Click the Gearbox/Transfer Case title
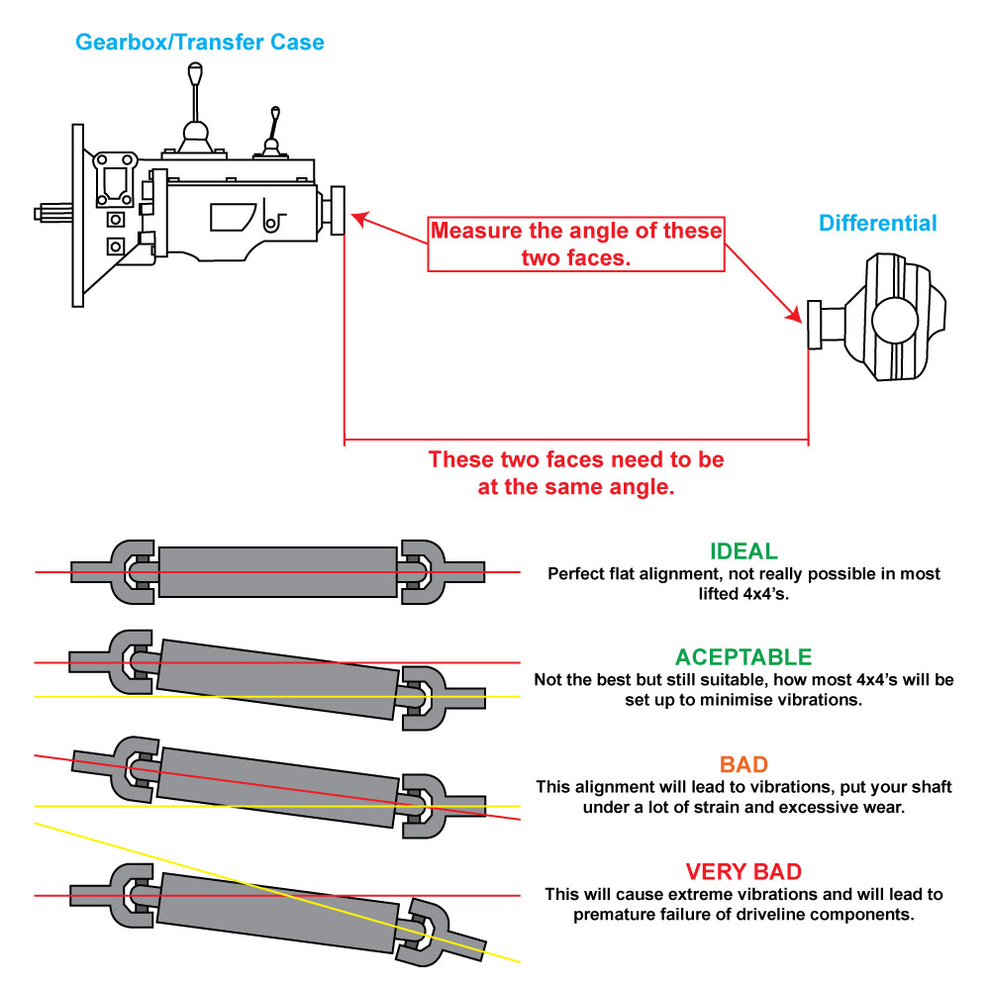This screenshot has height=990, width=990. point(199,42)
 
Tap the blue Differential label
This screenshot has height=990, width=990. point(877,223)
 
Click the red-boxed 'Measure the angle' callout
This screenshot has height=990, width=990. point(575,244)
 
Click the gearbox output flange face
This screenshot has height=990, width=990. point(338,210)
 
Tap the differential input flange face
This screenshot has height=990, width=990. point(815,325)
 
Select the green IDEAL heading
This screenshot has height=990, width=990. point(743,551)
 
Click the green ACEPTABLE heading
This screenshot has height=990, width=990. point(743,657)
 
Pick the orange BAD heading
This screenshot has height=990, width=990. point(743,764)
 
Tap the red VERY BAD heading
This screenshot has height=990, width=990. point(743,872)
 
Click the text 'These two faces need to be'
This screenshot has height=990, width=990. point(575,460)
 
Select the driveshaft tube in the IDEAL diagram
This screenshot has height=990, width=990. point(277,571)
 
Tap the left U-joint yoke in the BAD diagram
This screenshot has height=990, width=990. point(131,767)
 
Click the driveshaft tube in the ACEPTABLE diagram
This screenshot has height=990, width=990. point(277,678)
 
